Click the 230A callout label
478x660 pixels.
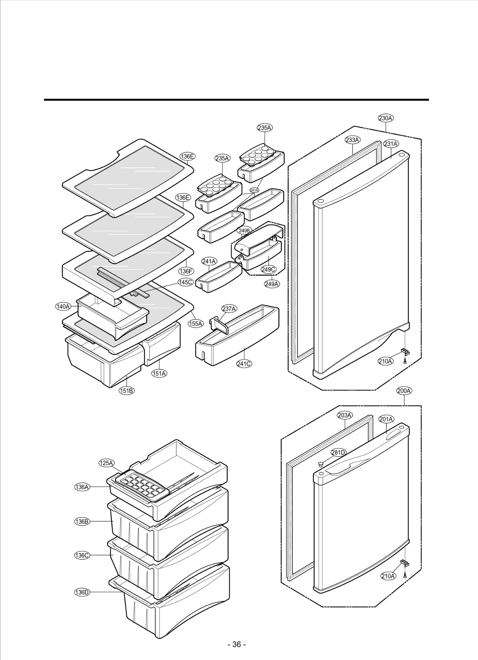(x=386, y=118)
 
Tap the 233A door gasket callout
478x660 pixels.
(x=353, y=140)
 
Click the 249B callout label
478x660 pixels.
(x=244, y=231)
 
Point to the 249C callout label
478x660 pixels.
(x=268, y=269)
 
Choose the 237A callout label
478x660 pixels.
(x=229, y=309)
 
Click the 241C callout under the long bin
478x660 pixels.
(x=244, y=364)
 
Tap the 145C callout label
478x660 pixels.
(x=186, y=282)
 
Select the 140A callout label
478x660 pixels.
(x=63, y=307)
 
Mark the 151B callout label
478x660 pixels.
(x=127, y=391)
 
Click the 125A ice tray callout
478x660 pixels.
(x=106, y=471)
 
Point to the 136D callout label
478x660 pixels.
(x=82, y=592)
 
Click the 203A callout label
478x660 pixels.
(x=344, y=415)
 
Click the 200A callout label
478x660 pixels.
(x=404, y=391)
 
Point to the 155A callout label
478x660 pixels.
(x=196, y=323)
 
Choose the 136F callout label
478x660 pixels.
(x=186, y=271)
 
